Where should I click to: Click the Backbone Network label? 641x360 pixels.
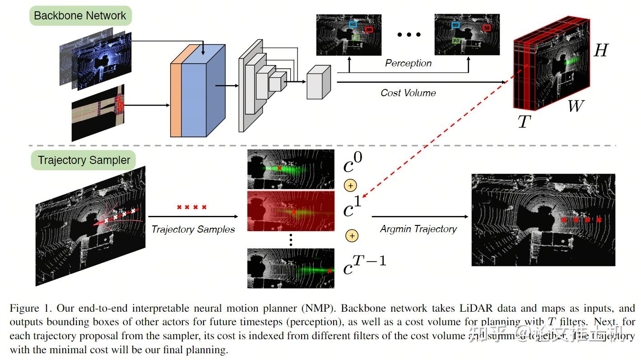pyautogui.click(x=80, y=16)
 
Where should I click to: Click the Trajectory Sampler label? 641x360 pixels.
pyautogui.click(x=84, y=160)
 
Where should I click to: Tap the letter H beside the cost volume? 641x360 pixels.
pyautogui.click(x=600, y=51)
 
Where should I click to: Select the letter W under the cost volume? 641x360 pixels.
pyautogui.click(x=576, y=107)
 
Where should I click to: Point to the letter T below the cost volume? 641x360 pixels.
pyautogui.click(x=524, y=121)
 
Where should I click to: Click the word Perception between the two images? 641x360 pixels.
pyautogui.click(x=408, y=63)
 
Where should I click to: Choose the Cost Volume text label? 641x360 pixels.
pyautogui.click(x=408, y=93)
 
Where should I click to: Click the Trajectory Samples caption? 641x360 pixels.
pyautogui.click(x=193, y=229)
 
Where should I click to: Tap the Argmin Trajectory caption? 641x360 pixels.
pyautogui.click(x=418, y=229)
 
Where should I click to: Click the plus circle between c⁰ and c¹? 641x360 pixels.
pyautogui.click(x=350, y=185)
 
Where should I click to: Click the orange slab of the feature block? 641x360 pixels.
pyautogui.click(x=176, y=99)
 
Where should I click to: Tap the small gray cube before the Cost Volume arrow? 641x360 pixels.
pyautogui.click(x=319, y=82)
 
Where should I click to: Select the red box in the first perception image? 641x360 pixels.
pyautogui.click(x=369, y=29)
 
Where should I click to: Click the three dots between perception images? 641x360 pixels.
pyautogui.click(x=409, y=34)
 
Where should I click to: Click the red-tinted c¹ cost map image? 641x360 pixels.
pyautogui.click(x=291, y=211)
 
